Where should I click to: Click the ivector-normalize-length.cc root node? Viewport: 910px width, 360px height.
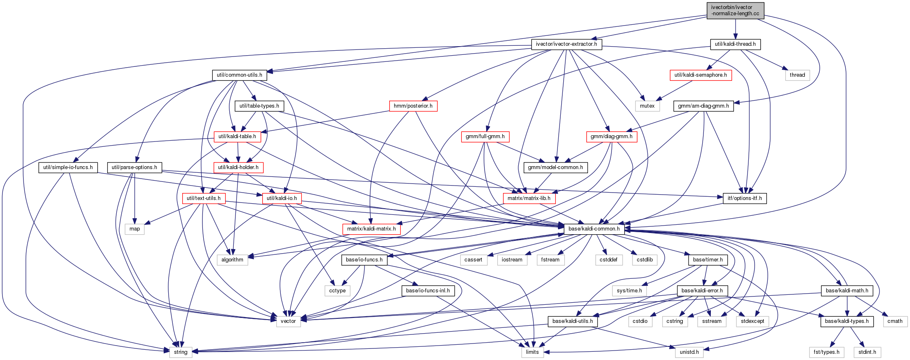(735, 10)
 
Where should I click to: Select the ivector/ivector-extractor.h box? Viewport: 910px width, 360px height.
(566, 44)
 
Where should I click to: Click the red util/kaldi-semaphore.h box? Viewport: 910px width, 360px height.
(701, 75)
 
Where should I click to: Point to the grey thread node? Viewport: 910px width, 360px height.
(797, 75)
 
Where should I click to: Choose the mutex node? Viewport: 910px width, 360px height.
(647, 106)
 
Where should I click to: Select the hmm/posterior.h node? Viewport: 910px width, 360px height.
(413, 106)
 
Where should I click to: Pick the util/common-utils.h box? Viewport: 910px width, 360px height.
(239, 75)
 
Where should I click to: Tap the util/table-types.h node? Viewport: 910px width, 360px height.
(259, 106)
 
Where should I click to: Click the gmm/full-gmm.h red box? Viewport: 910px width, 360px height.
(485, 136)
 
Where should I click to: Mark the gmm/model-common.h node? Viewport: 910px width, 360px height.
(555, 167)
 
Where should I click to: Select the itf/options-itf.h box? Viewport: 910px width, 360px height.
(744, 198)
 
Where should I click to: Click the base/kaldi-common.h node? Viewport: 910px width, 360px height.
(594, 229)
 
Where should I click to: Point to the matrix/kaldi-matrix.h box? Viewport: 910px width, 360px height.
(371, 229)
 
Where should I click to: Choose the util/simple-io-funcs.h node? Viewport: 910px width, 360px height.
(68, 167)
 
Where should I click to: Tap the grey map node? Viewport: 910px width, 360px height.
(134, 229)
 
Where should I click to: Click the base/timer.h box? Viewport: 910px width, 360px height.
(708, 260)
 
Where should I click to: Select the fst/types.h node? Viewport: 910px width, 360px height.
(827, 352)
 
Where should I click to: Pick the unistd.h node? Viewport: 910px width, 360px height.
(689, 352)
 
